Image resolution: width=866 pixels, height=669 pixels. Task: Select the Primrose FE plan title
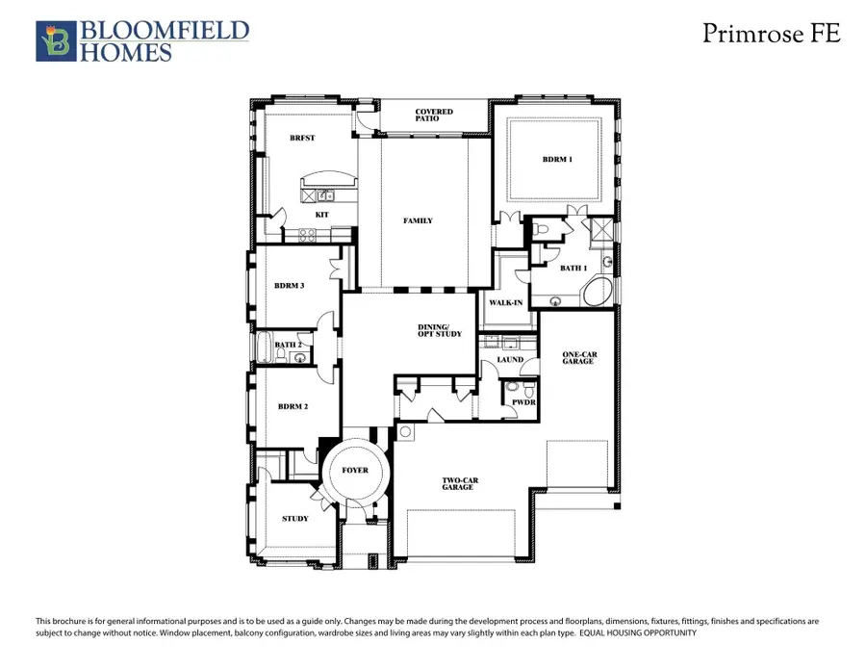pos(771,34)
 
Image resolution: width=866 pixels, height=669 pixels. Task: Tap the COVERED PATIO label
pos(434,116)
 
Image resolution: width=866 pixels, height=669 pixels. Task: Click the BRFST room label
pos(302,138)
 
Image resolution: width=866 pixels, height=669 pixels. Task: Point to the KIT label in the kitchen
pos(322,213)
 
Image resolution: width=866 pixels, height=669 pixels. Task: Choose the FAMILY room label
pos(418,220)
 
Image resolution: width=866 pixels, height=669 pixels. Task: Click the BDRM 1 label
pos(557,159)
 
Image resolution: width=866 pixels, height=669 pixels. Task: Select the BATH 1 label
pos(573,268)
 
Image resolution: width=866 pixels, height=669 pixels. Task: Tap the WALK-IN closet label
pos(506,302)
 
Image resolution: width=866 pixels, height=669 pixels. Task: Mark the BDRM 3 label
pos(290,285)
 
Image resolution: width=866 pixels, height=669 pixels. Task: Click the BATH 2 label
pos(288,345)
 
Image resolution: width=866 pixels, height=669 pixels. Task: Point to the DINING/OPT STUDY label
pos(440,330)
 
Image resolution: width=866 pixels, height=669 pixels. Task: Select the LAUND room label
pos(510,360)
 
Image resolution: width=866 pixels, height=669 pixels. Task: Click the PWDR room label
pos(522,402)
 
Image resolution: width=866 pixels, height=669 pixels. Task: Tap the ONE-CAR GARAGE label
pos(579,358)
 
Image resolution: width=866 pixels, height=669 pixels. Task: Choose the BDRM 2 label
pos(292,406)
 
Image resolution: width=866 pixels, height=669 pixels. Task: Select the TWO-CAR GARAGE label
pos(458,484)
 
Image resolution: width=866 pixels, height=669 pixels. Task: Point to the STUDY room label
pos(295,519)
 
